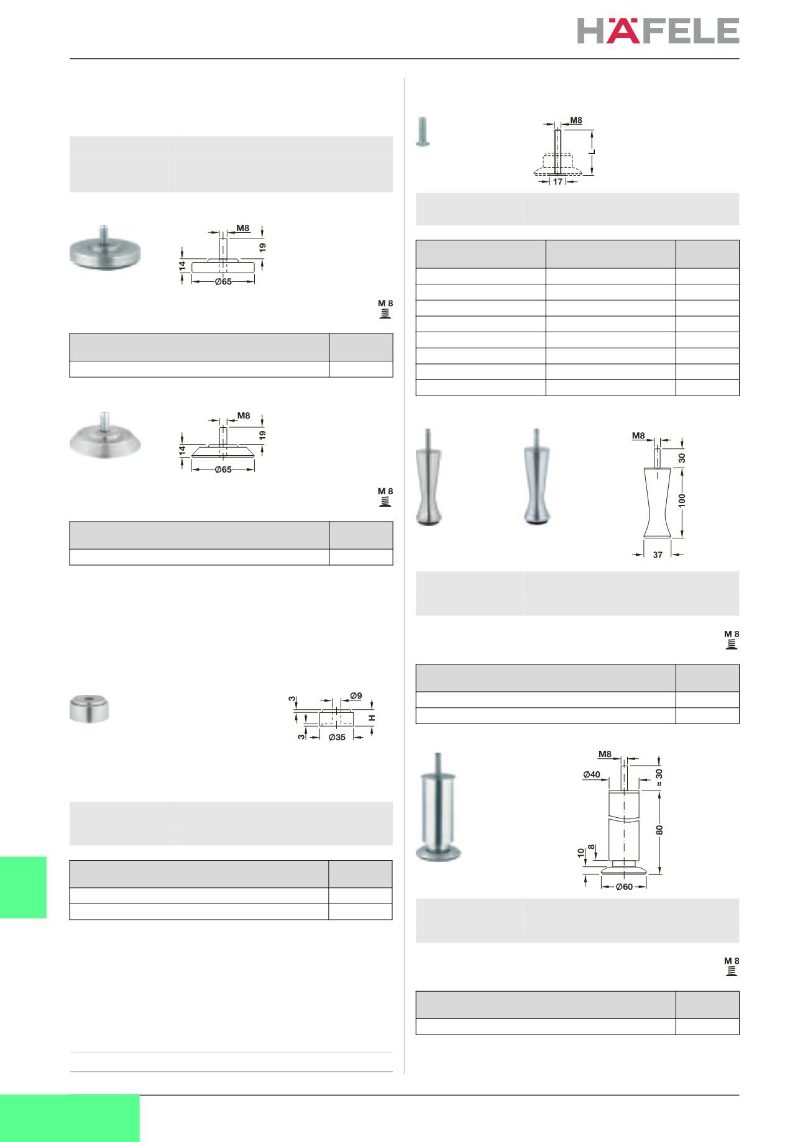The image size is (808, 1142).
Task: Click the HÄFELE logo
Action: click(x=658, y=30)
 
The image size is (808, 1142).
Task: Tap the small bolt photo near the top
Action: click(x=423, y=132)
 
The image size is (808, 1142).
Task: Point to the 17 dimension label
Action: click(x=558, y=182)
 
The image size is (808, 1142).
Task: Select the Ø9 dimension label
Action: click(x=356, y=695)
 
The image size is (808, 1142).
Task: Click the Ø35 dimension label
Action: click(x=336, y=737)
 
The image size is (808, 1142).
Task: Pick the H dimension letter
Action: click(x=372, y=718)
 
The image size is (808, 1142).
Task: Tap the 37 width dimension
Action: click(x=658, y=555)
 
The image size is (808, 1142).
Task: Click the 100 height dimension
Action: click(x=682, y=500)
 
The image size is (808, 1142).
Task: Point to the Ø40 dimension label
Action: click(x=592, y=774)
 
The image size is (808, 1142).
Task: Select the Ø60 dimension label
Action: click(x=624, y=887)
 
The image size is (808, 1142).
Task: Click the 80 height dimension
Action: click(x=659, y=828)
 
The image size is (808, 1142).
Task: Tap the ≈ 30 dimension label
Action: click(x=659, y=777)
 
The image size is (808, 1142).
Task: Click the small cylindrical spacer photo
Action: click(x=90, y=709)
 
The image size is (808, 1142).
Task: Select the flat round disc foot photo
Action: click(x=104, y=252)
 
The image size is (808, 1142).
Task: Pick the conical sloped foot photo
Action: click(x=104, y=435)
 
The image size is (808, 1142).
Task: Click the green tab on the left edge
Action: click(x=23, y=887)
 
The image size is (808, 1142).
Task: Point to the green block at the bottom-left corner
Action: click(x=70, y=1118)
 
